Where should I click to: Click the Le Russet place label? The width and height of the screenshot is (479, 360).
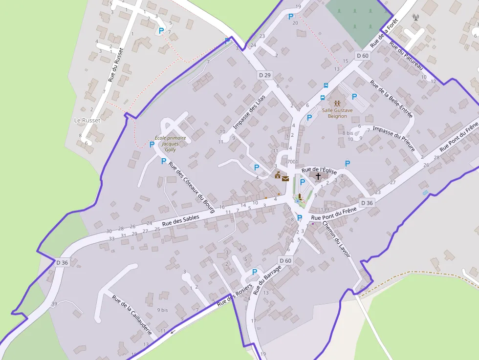(x=87, y=120)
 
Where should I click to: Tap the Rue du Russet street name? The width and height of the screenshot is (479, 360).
(x=116, y=64)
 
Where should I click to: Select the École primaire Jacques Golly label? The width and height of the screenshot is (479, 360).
(x=170, y=144)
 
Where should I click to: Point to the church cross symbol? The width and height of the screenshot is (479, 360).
(x=318, y=176)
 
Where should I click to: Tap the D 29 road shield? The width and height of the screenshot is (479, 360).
(x=264, y=75)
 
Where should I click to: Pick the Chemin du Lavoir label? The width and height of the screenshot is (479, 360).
(x=336, y=239)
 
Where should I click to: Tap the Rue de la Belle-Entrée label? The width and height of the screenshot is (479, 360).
(x=391, y=99)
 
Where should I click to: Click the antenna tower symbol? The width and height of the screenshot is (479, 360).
(x=416, y=18)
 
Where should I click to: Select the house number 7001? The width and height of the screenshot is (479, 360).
(x=292, y=162)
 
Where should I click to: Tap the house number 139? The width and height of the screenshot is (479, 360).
(x=325, y=210)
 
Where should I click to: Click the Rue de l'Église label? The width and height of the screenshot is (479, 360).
(x=320, y=170)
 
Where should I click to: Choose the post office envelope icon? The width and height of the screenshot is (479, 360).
(x=285, y=179)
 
